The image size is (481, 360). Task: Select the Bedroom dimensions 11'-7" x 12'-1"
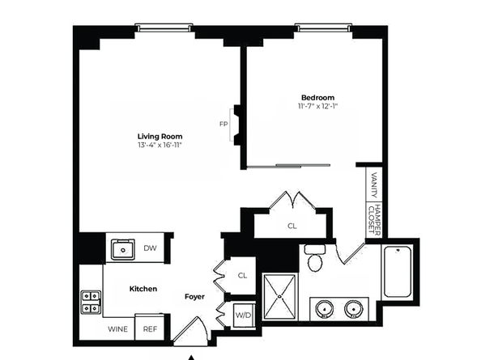[x=317, y=107]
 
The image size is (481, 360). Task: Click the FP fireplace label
[x=223, y=124]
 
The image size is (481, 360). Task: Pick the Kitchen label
[x=143, y=289]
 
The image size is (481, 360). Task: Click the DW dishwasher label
[x=150, y=248]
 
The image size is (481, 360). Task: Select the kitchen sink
[x=123, y=249]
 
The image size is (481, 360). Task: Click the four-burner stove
[x=91, y=302]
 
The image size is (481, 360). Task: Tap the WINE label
[x=118, y=329]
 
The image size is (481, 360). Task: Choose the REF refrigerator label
[x=150, y=329]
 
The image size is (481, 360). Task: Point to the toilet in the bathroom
[x=315, y=260]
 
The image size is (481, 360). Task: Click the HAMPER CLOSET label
[x=373, y=218]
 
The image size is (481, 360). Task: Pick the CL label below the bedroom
[x=292, y=227]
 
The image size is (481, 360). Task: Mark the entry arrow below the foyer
[x=192, y=356]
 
